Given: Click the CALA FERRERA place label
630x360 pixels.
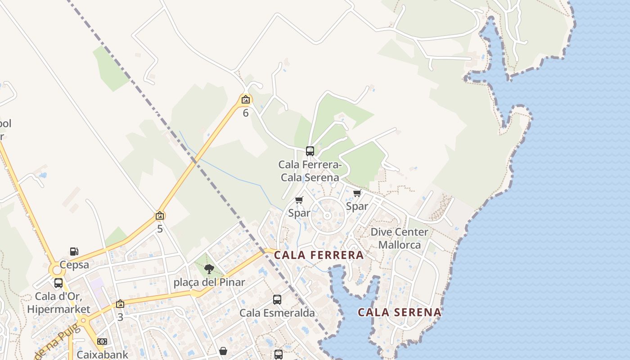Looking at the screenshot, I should click(319, 255).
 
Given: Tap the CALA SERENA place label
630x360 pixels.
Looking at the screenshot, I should click(399, 312).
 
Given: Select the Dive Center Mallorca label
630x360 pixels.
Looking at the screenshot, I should click(400, 238).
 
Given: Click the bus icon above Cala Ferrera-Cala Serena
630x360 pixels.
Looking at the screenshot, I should click(310, 151).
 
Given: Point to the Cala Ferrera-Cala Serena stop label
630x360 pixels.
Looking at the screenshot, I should click(310, 171).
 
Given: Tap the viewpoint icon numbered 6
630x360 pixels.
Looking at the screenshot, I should click(246, 100).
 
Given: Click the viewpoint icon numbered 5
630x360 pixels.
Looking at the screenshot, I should click(159, 216).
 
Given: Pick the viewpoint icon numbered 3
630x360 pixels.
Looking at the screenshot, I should click(120, 304).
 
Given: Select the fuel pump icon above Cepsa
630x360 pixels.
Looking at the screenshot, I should click(74, 251).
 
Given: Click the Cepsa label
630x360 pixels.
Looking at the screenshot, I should click(74, 265).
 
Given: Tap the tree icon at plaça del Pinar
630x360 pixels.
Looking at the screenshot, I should click(209, 270).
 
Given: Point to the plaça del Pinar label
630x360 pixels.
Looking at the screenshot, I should click(209, 283).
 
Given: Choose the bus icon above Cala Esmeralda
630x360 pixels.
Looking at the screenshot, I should click(277, 300).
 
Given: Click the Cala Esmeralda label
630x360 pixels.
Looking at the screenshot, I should click(277, 313).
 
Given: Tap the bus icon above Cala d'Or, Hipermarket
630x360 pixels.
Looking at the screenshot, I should click(58, 283).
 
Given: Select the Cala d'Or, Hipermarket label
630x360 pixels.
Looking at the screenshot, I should click(58, 303).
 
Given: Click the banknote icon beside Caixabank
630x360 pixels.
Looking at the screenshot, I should click(102, 342).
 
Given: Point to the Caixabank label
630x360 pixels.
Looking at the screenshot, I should click(102, 355).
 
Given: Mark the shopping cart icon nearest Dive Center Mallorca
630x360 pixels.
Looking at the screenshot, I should click(357, 193).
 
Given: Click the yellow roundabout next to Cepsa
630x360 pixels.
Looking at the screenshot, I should click(56, 270).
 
